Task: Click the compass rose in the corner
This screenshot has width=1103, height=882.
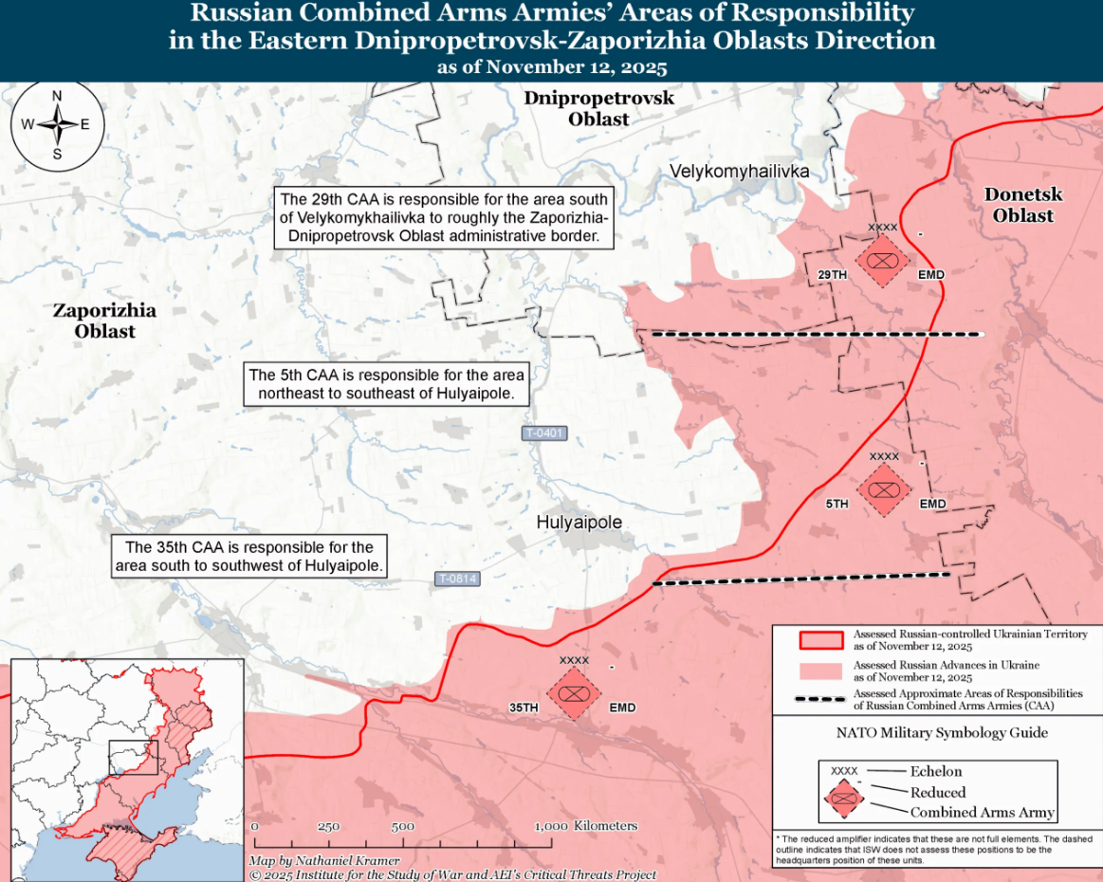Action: pyautogui.click(x=57, y=124)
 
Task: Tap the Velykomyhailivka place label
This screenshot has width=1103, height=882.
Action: pyautogui.click(x=739, y=172)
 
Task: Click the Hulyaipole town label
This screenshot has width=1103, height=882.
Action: pyautogui.click(x=579, y=523)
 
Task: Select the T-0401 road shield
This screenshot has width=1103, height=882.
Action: pyautogui.click(x=544, y=433)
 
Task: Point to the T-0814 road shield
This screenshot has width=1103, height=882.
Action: pyautogui.click(x=457, y=579)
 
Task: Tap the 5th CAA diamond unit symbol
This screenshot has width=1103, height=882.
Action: pyautogui.click(x=884, y=490)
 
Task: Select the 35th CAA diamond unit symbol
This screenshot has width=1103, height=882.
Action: pyautogui.click(x=574, y=694)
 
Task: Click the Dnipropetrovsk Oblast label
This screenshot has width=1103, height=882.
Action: pyautogui.click(x=598, y=109)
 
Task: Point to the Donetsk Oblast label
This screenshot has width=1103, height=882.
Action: pyautogui.click(x=1023, y=205)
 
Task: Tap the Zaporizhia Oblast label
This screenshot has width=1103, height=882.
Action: pyautogui.click(x=104, y=321)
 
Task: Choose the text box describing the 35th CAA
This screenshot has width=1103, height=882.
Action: pyautogui.click(x=249, y=557)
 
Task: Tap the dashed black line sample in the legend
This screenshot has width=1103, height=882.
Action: pyautogui.click(x=820, y=700)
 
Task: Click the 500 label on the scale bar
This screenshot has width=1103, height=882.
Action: pyautogui.click(x=403, y=826)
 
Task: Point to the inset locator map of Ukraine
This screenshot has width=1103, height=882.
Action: pyautogui.click(x=126, y=769)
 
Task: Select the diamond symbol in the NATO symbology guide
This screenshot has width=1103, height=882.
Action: pyautogui.click(x=843, y=799)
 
